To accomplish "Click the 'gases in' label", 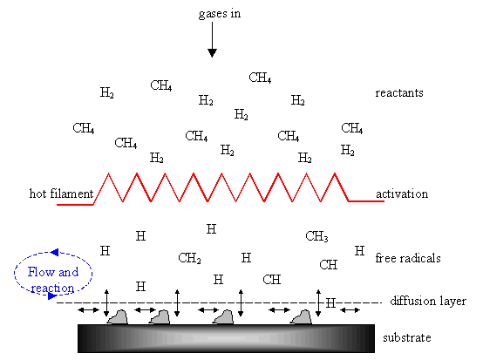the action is (x=220, y=14).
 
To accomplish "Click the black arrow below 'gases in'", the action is (x=212, y=40).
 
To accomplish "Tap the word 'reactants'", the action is (x=399, y=93).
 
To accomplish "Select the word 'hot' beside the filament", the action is (x=38, y=194).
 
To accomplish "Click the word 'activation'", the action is (x=402, y=194).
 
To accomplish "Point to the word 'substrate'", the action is (x=407, y=338).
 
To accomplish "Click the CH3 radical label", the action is (x=316, y=236).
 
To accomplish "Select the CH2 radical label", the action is (x=189, y=258).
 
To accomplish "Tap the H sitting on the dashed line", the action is (x=330, y=303).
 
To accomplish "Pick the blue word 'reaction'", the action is (x=52, y=289).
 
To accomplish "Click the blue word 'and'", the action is (x=68, y=272).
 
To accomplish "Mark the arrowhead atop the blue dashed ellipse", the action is (x=55, y=253).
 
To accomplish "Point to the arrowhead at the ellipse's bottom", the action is (x=52, y=296).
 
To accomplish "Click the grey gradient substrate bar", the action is (x=226, y=338).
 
